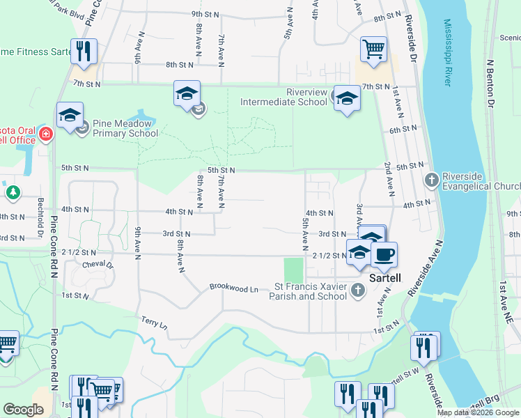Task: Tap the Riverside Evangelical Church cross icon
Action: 431,180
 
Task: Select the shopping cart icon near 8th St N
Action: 373,49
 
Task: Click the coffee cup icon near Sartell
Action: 383,254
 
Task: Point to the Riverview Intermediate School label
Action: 283,97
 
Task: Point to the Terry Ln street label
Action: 154,324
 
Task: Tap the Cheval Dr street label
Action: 98,265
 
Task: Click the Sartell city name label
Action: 385,277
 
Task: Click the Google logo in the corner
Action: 23,410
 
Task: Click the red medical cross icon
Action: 46,133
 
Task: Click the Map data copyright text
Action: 477,412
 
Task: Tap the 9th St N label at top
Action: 205,14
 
